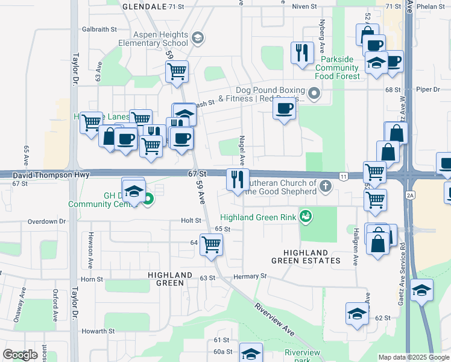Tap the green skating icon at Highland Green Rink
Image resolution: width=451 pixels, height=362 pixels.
[306, 215]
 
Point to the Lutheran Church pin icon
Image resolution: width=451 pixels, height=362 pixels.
[326, 186]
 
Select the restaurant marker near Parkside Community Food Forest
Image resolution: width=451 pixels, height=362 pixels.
[301, 52]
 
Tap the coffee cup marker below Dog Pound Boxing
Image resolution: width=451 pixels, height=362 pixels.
[284, 109]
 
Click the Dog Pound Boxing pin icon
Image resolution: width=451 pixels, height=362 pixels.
[314, 94]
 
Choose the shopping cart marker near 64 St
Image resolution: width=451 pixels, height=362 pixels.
[212, 245]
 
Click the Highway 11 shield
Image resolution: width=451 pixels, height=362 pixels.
[344, 176]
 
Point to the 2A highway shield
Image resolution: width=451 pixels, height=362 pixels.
[411, 195]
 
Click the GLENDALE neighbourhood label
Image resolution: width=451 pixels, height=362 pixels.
[144, 6]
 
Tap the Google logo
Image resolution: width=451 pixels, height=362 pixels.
[20, 355]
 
